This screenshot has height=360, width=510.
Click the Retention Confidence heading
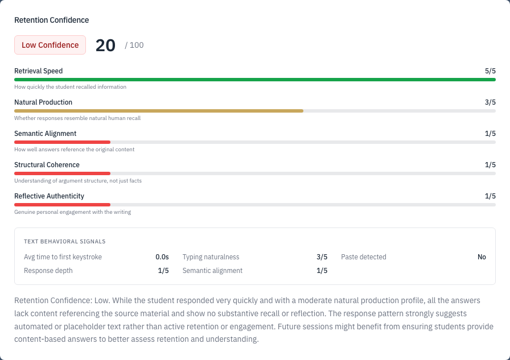point(51,20)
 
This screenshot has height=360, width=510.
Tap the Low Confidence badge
point(50,45)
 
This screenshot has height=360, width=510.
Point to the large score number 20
point(105,45)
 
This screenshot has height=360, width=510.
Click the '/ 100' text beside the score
point(134,45)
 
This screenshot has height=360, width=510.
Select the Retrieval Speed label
point(38,71)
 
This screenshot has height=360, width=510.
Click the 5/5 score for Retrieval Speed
point(490,71)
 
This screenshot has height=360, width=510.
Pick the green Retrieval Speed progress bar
point(255,80)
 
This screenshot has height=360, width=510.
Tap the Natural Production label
point(43,102)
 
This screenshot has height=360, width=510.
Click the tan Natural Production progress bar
point(159,111)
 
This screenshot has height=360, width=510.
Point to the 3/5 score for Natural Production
point(490,102)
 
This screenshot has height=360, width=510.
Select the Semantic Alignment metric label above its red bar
point(45,134)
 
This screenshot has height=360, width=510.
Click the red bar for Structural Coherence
point(62,173)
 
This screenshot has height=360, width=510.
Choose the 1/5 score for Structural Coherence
point(490,165)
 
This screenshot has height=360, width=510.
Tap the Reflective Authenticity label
point(49,196)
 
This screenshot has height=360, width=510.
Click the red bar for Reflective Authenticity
point(62,204)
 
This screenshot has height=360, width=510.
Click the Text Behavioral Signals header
point(64,242)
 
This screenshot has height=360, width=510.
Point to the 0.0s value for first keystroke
point(162,257)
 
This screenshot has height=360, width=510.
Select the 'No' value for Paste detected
point(482,257)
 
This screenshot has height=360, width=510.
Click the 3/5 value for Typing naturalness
point(322,257)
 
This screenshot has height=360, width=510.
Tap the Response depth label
point(48,271)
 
